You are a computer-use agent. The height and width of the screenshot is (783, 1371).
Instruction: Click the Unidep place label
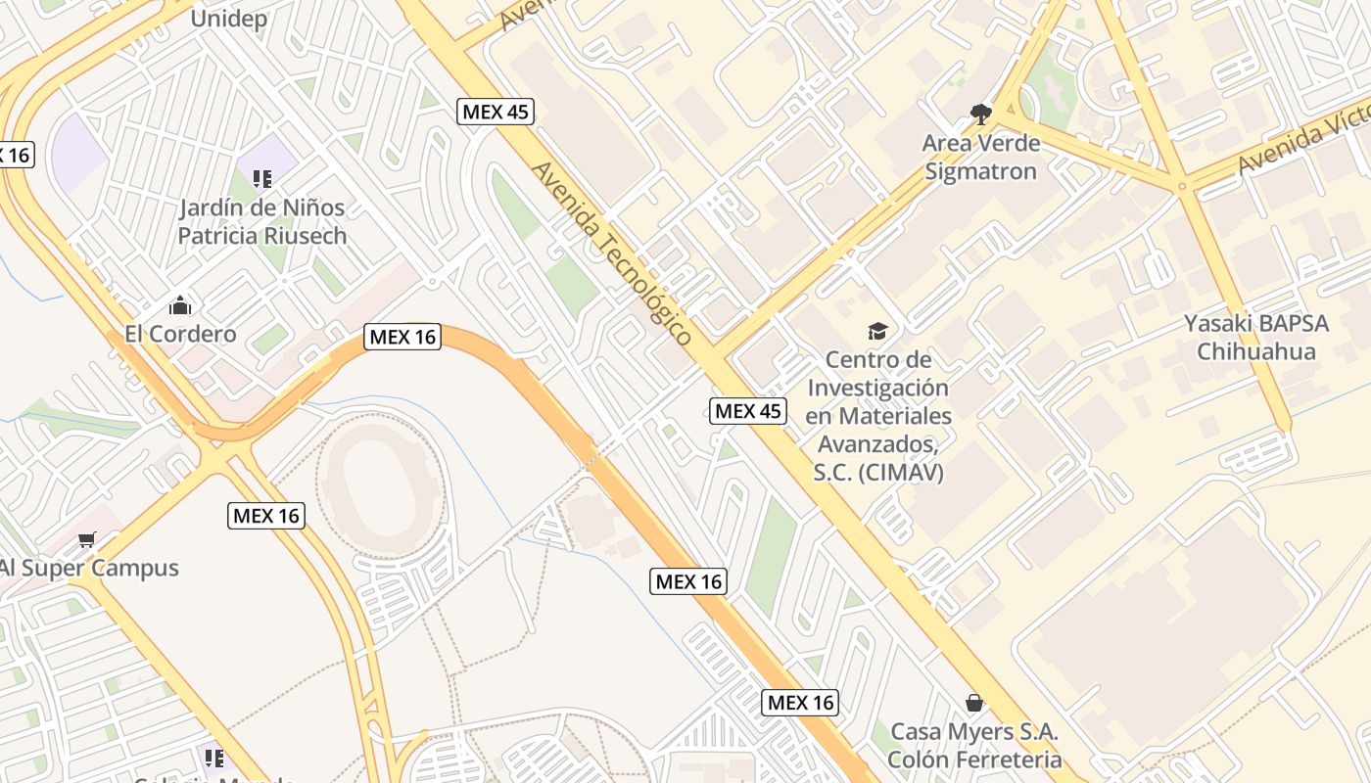pos(228,19)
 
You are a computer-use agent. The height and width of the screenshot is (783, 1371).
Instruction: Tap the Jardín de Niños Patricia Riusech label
pos(261,221)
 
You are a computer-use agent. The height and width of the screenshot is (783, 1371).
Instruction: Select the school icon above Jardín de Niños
pos(261,178)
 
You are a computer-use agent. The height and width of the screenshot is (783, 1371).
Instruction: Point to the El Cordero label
pos(180,334)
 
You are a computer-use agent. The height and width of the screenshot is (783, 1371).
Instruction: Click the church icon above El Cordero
pos(179,305)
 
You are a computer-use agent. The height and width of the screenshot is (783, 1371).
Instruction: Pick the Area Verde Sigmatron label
pos(980,158)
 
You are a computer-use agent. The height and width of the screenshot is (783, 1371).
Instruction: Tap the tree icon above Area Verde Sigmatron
pos(979,115)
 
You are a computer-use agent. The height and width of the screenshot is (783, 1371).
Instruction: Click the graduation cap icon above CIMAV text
pos(877,331)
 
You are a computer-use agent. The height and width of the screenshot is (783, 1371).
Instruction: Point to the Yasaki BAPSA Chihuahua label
pos(1255,337)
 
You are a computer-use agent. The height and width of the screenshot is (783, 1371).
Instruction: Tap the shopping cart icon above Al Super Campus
pos(87,539)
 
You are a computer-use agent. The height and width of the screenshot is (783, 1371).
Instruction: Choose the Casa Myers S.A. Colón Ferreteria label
pos(974,745)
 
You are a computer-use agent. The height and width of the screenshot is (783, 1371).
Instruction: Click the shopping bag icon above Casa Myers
pos(974,703)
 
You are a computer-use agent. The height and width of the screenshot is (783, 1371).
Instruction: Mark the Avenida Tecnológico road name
pos(612,253)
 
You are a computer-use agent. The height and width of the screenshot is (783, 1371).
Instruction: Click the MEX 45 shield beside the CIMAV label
pos(748,411)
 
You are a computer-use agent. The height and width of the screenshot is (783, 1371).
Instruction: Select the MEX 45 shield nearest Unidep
pos(496,112)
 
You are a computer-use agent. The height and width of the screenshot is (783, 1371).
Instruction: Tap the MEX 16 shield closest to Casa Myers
pos(800,702)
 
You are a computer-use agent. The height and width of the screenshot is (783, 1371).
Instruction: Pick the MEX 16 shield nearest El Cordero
pos(402,337)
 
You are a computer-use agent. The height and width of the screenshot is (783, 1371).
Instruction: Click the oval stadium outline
pos(383,486)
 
